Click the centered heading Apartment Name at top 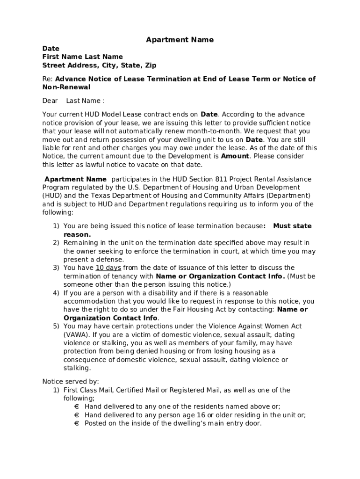180,40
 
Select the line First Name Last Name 82,57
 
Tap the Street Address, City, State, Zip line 99,65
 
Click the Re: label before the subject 48,79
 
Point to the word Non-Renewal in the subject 66,87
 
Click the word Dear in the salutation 50,101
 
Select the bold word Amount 235,156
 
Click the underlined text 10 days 108,268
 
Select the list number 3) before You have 56,268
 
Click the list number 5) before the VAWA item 56,326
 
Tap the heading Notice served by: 71,381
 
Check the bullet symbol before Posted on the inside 76,423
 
